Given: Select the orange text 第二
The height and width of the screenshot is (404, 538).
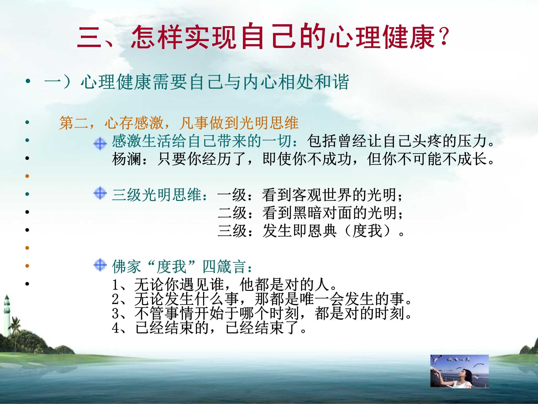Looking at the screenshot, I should pyautogui.click(x=74, y=123).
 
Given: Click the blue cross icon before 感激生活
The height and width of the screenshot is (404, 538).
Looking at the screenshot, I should pyautogui.click(x=100, y=143).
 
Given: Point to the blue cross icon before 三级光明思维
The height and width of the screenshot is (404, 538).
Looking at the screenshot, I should pyautogui.click(x=100, y=193).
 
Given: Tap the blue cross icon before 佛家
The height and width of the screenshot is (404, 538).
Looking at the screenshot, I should pyautogui.click(x=100, y=265).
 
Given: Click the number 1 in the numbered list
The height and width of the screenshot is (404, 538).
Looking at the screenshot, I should pyautogui.click(x=115, y=285).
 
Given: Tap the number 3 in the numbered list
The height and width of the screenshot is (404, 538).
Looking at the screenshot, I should pyautogui.click(x=115, y=314).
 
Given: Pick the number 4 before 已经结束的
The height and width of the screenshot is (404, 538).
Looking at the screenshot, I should pyautogui.click(x=115, y=328).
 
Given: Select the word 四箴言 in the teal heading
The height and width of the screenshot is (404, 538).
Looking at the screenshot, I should pyautogui.click(x=224, y=267).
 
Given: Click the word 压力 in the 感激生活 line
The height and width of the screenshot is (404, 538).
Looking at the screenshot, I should pyautogui.click(x=473, y=141).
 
